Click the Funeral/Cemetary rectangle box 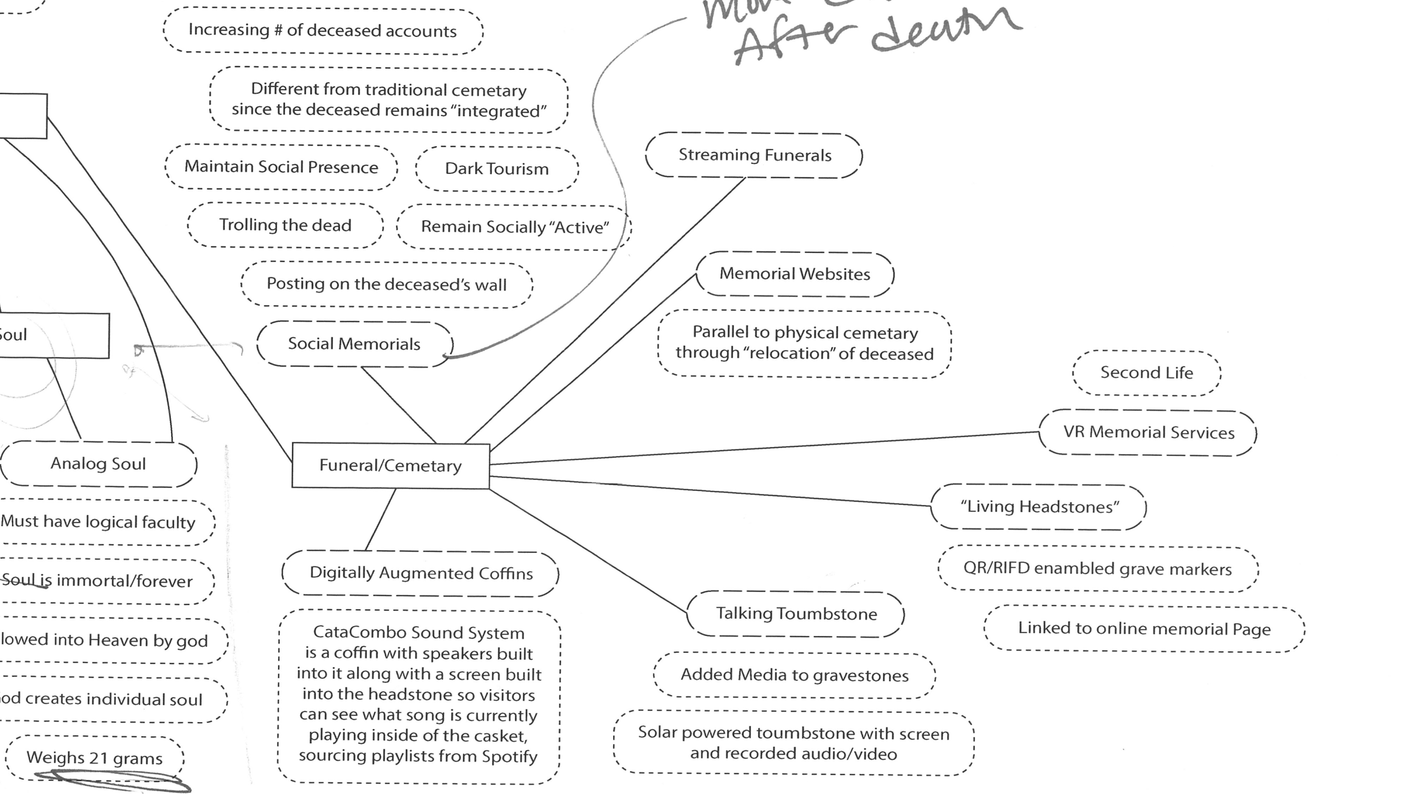[390, 465]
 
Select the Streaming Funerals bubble [754, 155]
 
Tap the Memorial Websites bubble [794, 274]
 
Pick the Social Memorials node [354, 344]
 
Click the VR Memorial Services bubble [1148, 432]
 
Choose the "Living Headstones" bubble [1039, 507]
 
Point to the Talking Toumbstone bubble [796, 614]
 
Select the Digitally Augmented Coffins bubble [421, 573]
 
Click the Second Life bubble [1146, 373]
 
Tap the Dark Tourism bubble [496, 169]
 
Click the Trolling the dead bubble [285, 225]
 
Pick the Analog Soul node [98, 464]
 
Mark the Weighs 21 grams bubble [94, 758]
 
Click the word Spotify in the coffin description [509, 756]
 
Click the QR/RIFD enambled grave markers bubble [1097, 569]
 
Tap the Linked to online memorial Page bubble [1144, 628]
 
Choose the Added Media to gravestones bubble [794, 675]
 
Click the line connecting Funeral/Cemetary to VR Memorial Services [767, 448]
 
